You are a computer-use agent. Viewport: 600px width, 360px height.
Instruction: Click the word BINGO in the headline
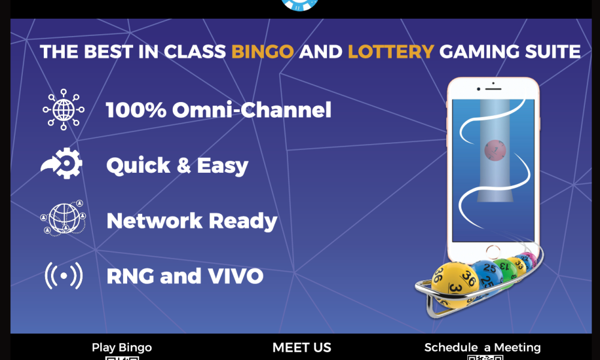pos(262,52)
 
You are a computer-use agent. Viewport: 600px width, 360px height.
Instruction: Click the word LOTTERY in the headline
pos(391,52)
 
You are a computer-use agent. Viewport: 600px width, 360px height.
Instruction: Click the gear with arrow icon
pos(62,164)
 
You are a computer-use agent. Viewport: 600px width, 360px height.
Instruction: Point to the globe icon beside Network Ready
pos(62,218)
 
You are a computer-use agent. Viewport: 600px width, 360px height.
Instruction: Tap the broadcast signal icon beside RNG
pos(63,275)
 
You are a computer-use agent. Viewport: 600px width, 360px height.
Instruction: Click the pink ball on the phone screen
pos(495,150)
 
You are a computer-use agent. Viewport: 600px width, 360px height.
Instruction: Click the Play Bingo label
pos(122,347)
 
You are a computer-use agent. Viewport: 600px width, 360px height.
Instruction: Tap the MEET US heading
pos(301,347)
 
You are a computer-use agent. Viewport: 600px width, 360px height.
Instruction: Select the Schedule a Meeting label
pos(482,347)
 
